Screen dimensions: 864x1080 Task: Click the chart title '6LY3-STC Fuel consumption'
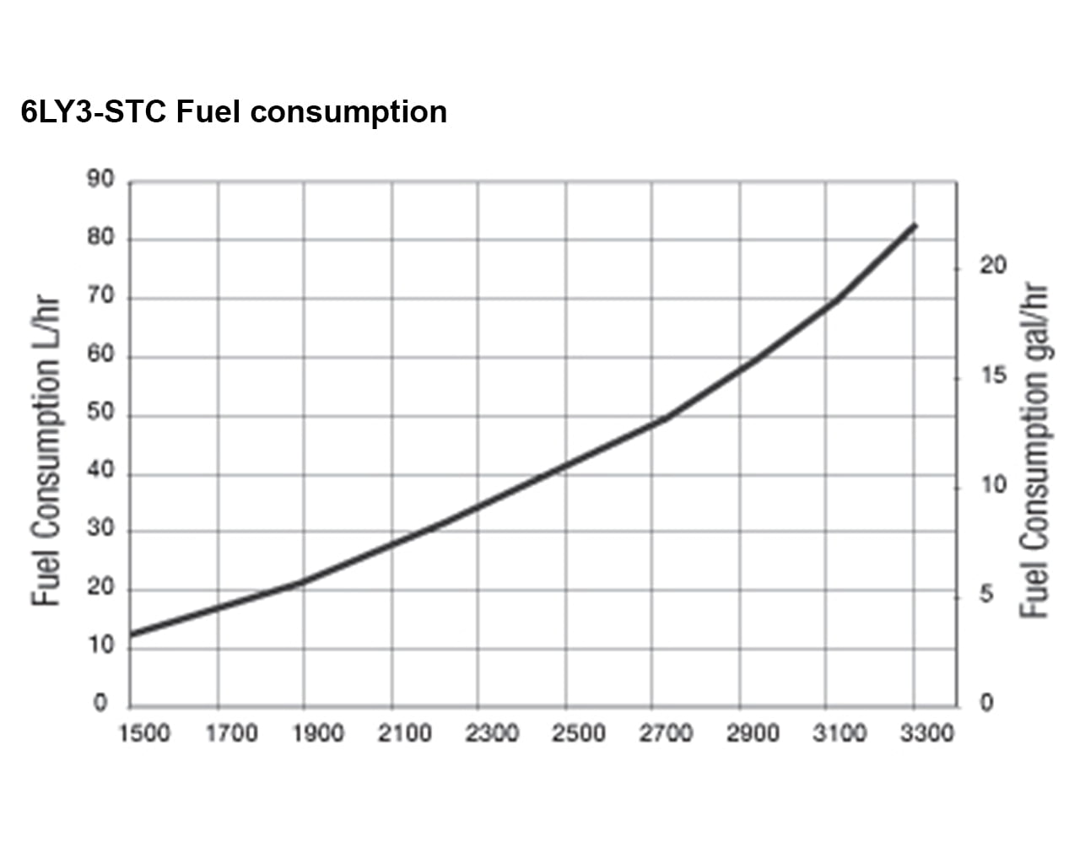pos(234,112)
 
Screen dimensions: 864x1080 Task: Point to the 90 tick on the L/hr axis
pos(100,181)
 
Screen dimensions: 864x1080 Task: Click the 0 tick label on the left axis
pos(101,703)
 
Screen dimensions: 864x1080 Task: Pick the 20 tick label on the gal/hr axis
pos(993,267)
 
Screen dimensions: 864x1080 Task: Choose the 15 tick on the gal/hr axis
pos(993,376)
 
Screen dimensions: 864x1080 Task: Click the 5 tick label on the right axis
pos(986,596)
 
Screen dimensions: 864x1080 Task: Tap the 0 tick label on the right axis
pos(986,703)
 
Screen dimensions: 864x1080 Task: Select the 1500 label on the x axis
pos(144,733)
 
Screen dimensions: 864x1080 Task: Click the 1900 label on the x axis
pos(318,733)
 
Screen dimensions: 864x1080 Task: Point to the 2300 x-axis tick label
pos(492,733)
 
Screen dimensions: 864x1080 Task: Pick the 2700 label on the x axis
pos(666,733)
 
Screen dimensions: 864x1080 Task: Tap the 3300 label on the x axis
pos(926,733)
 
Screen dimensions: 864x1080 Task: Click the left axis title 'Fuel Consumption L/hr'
pos(47,451)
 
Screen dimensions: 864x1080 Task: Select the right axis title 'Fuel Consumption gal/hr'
pos(1034,451)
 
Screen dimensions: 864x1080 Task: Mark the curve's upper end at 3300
pos(915,225)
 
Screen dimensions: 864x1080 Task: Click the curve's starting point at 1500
pos(132,634)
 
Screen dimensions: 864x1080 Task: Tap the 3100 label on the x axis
pos(840,733)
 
